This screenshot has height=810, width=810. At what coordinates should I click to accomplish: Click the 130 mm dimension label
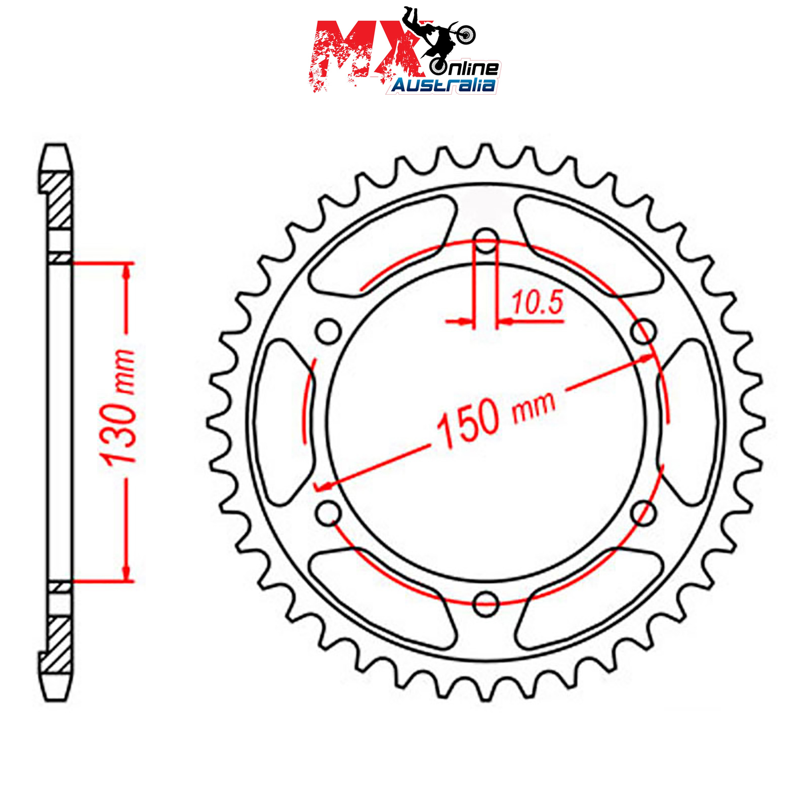point(119,408)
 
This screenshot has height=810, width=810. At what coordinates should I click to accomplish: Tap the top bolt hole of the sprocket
point(487,241)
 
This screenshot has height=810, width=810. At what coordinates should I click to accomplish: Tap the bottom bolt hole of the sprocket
point(486,603)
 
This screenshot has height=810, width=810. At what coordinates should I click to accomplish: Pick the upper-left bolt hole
point(329,332)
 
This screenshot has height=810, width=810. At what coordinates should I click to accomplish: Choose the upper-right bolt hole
point(644,332)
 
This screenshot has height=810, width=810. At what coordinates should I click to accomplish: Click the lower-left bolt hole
point(329,512)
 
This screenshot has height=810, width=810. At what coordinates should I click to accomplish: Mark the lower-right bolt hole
point(644,512)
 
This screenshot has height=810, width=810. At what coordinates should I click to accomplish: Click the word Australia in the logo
point(443,85)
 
